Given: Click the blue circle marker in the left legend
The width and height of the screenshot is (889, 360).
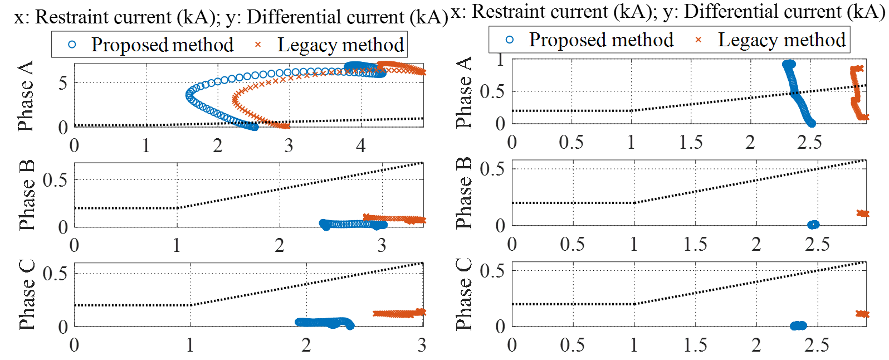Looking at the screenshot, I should click(72, 45).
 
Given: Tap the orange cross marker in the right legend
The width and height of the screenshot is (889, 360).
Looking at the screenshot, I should click(698, 40).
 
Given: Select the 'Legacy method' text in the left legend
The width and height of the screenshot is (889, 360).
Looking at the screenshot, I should click(340, 45).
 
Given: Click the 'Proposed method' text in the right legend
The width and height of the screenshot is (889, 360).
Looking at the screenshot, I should click(601, 40).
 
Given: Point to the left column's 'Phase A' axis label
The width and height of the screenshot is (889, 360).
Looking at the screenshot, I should click(25, 96).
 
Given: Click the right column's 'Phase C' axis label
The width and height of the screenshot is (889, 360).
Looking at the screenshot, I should click(463, 294).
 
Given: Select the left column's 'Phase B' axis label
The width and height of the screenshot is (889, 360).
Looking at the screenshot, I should click(26, 195).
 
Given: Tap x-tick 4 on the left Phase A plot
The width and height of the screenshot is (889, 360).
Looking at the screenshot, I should click(360, 146).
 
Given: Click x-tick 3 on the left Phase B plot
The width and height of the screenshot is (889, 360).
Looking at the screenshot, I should click(382, 245).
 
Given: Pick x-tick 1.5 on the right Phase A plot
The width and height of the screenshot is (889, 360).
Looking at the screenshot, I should click(691, 142).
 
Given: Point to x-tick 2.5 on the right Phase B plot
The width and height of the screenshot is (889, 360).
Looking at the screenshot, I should click(817, 244).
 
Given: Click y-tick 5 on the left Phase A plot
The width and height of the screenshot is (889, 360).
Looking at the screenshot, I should click(63, 83).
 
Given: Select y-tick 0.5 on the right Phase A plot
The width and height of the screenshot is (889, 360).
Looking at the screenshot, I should click(492, 91).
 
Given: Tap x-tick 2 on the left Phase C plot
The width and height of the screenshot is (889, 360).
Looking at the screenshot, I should click(306, 346).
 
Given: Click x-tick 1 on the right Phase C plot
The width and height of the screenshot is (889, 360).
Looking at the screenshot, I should click(634, 346).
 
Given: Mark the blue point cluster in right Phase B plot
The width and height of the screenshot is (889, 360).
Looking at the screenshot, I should click(813, 225).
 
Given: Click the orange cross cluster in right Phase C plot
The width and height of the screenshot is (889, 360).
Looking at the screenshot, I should click(862, 314).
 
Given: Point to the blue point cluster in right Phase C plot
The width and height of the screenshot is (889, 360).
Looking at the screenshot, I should click(798, 325).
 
